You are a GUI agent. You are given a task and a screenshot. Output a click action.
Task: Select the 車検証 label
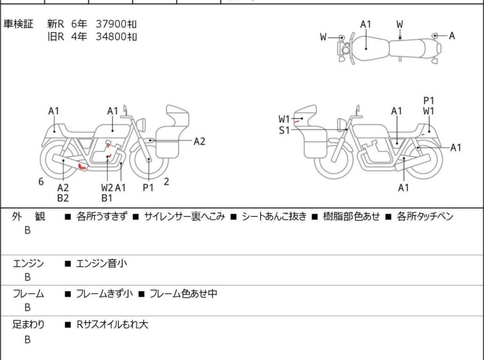(x=18, y=24)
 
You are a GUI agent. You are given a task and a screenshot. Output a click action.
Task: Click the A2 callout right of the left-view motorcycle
(x=199, y=142)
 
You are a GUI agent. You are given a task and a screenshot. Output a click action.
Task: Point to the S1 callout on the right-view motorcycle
(x=284, y=130)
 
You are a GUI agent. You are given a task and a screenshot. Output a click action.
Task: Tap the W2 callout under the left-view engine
(x=107, y=187)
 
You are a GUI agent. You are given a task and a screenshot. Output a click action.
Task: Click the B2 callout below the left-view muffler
(x=63, y=198)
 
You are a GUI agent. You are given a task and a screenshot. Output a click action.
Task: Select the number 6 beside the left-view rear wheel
(x=41, y=182)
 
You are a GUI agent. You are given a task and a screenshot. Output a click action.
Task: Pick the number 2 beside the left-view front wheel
(x=167, y=182)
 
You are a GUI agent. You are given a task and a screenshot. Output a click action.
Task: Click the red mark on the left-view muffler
(x=82, y=167)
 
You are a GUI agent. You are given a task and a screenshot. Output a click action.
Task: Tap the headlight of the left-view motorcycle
(x=141, y=125)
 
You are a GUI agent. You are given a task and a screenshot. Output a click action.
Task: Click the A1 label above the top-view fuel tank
(x=365, y=24)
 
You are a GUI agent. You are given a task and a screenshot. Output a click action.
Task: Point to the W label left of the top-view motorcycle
(x=323, y=37)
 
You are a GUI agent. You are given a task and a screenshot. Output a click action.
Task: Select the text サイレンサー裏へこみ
(x=184, y=216)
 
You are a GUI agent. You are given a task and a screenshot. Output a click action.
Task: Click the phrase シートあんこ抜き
(x=274, y=216)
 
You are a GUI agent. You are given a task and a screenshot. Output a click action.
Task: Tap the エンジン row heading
(x=28, y=264)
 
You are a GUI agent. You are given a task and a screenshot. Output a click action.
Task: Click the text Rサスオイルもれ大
(x=112, y=325)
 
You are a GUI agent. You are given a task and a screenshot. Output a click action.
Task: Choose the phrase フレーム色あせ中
(x=183, y=293)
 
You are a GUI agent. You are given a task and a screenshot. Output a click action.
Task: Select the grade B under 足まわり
(x=28, y=339)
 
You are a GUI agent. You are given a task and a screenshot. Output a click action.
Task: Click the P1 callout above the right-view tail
(x=428, y=101)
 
